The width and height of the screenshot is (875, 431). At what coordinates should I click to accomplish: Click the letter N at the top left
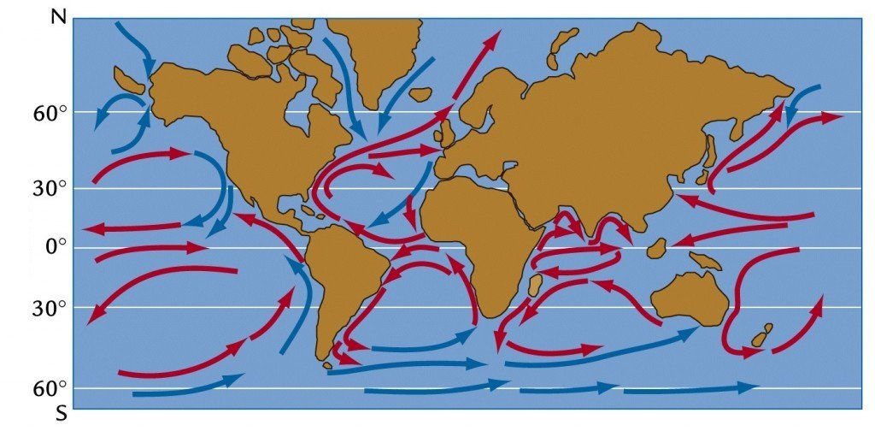pyautogui.click(x=58, y=17)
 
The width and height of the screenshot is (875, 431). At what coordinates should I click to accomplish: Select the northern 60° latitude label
pyautogui.click(x=50, y=113)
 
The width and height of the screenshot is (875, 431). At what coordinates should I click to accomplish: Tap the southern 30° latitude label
pyautogui.click(x=50, y=307)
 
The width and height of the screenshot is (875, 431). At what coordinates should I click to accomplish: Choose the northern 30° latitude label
pyautogui.click(x=50, y=188)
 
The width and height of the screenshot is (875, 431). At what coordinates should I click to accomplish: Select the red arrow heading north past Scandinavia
pyautogui.click(x=474, y=64)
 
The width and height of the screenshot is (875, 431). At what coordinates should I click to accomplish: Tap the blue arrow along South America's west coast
pyautogui.click(x=302, y=299)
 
